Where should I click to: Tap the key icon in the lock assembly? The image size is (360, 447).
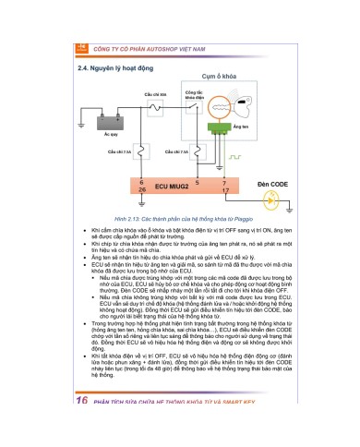tap(222, 115)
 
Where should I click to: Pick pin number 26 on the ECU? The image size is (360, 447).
tap(140, 192)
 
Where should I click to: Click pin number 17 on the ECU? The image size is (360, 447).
tap(226, 191)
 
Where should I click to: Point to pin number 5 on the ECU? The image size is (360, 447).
tap(198, 183)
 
